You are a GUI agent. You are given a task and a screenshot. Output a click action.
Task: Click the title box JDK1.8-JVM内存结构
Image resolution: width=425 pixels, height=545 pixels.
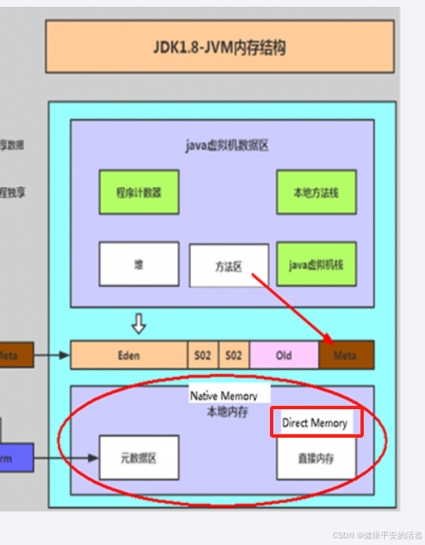pyautogui.click(x=220, y=47)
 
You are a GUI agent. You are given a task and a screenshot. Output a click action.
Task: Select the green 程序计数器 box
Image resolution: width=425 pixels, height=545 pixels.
pyautogui.click(x=138, y=192)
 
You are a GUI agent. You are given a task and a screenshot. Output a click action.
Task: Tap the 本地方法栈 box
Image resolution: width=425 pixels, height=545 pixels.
pyautogui.click(x=315, y=192)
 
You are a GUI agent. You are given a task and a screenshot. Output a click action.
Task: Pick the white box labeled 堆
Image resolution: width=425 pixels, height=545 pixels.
pyautogui.click(x=138, y=264)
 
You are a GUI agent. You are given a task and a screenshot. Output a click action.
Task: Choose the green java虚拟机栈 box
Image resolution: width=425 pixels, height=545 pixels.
pyautogui.click(x=315, y=264)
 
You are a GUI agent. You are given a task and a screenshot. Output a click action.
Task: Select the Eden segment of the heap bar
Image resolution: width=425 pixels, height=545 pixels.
pyautogui.click(x=129, y=356)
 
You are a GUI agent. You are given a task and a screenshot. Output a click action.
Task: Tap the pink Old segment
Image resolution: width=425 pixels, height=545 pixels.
pyautogui.click(x=283, y=356)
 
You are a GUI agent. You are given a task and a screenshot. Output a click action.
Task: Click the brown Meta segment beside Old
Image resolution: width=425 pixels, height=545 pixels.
pyautogui.click(x=345, y=356)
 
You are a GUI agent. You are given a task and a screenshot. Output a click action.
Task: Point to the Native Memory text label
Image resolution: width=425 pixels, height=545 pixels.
pyautogui.click(x=223, y=395)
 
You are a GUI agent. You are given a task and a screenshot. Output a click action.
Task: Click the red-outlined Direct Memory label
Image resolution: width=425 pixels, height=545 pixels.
pyautogui.click(x=315, y=423)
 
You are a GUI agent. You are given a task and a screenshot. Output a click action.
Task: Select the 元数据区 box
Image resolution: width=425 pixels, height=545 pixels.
pyautogui.click(x=138, y=458)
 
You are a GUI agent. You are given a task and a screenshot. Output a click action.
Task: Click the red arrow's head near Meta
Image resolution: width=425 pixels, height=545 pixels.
pyautogui.click(x=329, y=340)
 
